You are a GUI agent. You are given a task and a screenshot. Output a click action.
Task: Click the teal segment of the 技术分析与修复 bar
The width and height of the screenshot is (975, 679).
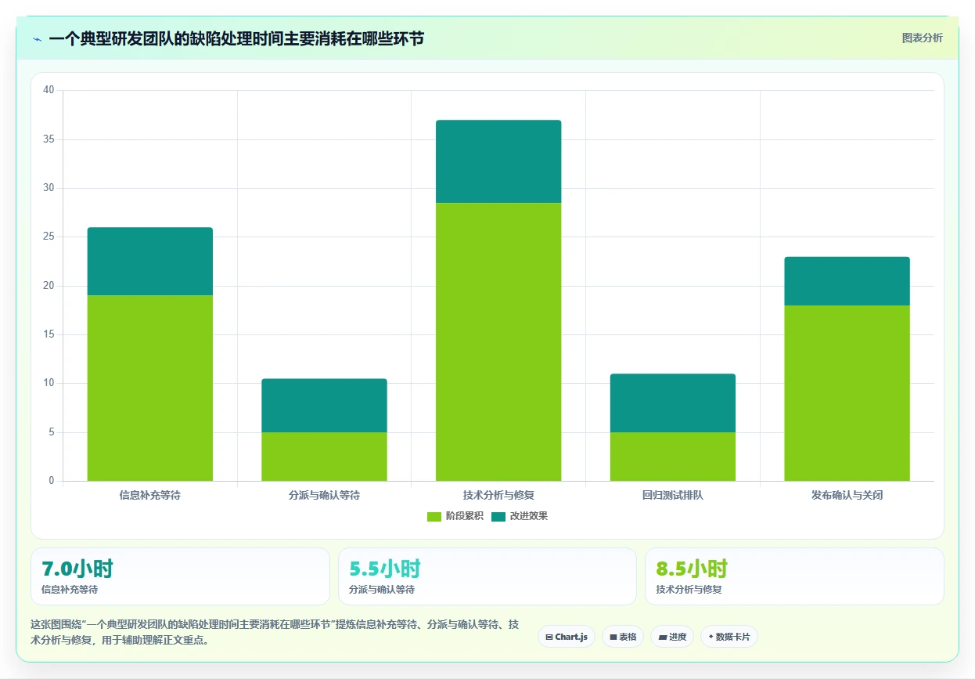[498, 161]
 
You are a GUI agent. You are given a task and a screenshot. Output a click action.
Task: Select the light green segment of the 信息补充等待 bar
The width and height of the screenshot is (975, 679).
[150, 388]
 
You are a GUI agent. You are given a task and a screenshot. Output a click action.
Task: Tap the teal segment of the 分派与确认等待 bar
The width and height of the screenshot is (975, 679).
[324, 406]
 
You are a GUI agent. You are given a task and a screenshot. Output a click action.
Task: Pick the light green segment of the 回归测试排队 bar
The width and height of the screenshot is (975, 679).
[673, 457]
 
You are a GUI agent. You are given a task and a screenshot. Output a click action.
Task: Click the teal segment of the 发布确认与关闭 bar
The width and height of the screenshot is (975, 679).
[847, 281]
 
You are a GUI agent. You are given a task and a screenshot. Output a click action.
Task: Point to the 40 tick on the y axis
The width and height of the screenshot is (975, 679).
[49, 90]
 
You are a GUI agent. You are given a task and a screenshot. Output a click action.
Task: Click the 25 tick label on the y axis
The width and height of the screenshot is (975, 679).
[49, 237]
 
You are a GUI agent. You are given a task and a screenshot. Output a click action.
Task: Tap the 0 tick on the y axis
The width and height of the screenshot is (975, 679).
[52, 480]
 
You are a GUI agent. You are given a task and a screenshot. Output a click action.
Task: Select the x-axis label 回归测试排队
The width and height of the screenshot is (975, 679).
[673, 495]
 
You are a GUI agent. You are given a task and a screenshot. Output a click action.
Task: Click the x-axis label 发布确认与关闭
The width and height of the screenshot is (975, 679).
[847, 495]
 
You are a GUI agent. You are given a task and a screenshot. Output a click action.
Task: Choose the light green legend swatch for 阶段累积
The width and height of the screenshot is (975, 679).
[434, 517]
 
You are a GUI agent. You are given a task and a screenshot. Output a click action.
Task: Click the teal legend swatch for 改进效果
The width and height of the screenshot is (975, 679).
[498, 517]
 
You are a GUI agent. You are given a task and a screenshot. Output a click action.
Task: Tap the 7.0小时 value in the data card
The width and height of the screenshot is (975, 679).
[77, 569]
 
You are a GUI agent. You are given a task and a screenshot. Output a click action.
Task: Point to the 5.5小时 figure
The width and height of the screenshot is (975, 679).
[385, 569]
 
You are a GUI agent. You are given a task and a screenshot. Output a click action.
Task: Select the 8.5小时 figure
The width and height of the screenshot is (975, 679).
[692, 569]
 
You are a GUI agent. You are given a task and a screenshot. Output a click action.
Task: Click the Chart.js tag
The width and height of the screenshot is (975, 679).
[567, 637]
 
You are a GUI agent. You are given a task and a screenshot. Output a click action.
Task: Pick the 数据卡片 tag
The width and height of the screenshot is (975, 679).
[729, 637]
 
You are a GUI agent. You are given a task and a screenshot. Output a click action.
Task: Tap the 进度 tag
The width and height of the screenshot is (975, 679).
[672, 637]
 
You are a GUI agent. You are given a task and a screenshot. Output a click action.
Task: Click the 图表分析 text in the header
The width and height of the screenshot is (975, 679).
[922, 38]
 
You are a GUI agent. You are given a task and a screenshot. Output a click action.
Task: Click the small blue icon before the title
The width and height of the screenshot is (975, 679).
[38, 40]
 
